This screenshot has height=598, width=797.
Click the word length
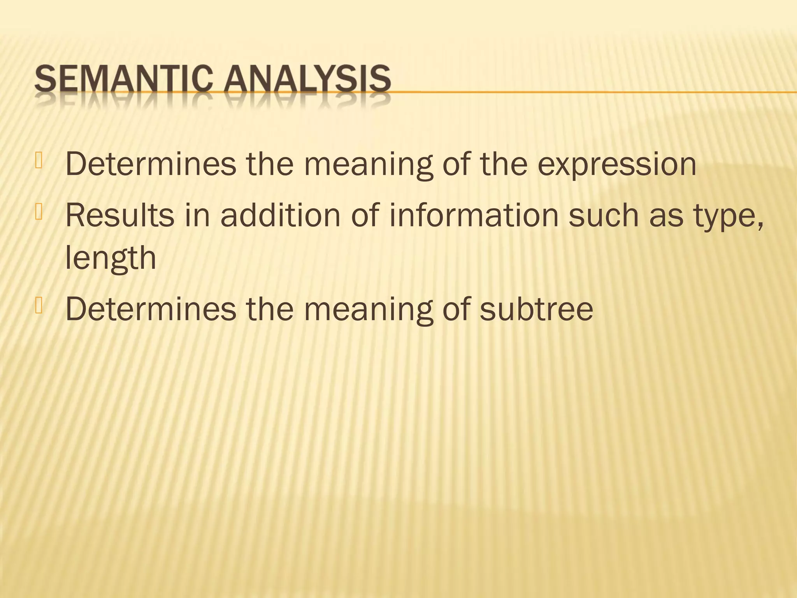[x=111, y=259]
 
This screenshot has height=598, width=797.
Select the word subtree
[x=536, y=309]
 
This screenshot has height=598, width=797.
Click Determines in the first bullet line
[x=151, y=164]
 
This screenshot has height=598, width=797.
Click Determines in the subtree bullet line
[x=151, y=309]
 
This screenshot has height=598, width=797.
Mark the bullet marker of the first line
[x=39, y=161]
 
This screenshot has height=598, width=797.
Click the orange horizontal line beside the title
[x=584, y=92]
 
